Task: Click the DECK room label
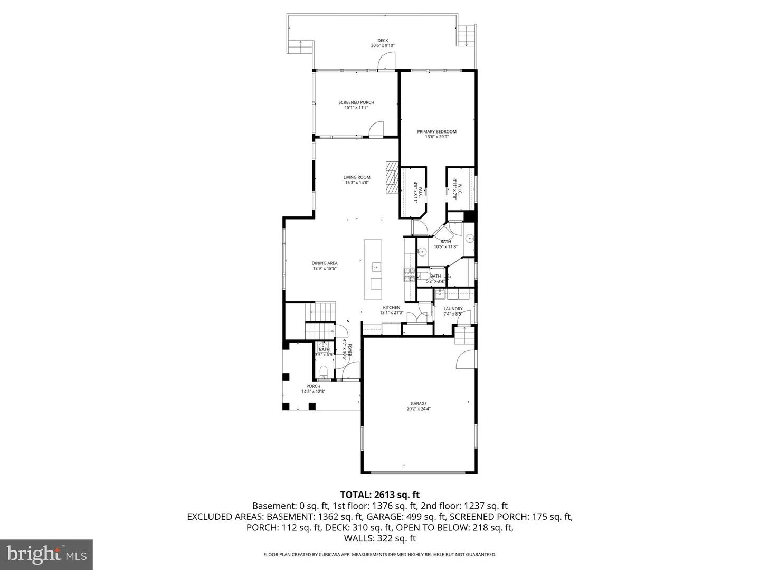(x=382, y=41)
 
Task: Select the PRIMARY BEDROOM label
(x=436, y=132)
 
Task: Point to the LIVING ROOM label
(x=357, y=178)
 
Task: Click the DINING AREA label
(x=324, y=263)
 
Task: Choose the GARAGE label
(x=419, y=404)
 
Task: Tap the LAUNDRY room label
(x=453, y=309)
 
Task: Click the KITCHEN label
(x=391, y=308)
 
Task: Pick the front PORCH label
(x=313, y=386)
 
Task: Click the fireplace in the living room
(x=391, y=177)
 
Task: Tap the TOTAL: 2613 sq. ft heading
(x=379, y=495)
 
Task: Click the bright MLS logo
(x=46, y=554)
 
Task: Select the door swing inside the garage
(x=464, y=359)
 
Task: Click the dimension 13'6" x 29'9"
(x=436, y=137)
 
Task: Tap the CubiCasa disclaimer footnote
(x=379, y=555)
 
